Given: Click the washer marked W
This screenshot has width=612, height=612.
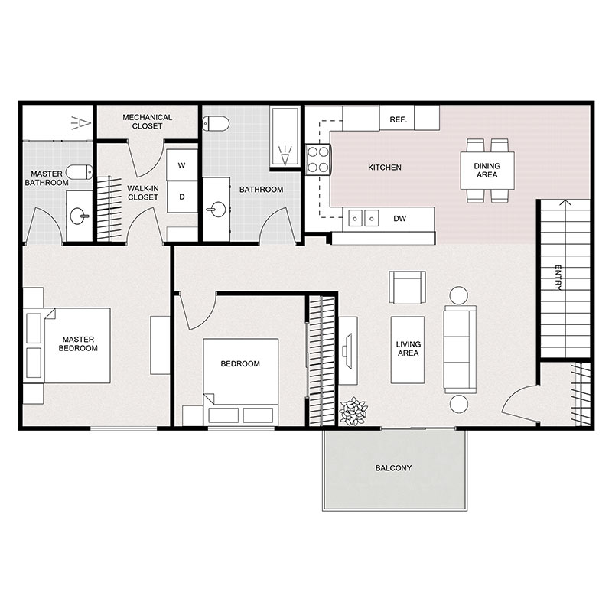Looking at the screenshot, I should coord(182,164).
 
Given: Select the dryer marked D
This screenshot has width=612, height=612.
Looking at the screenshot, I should coord(182,197).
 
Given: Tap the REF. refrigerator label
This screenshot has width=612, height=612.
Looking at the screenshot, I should coord(398,120).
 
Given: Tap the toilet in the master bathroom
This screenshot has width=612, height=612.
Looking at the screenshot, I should coord(79,171).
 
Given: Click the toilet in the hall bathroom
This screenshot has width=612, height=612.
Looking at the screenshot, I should coord(217,123).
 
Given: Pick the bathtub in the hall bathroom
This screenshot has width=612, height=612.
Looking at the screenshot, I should coord(285,138).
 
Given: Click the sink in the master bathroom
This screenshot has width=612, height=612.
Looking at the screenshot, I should coord(78,216).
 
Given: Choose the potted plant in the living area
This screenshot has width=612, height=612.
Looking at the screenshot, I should coord(353,411).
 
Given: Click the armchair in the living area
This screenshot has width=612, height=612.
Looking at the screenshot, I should coord(407,288).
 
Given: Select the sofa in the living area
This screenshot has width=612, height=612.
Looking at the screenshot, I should coord(460,348).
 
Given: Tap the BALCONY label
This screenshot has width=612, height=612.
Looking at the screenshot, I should coord(393,468).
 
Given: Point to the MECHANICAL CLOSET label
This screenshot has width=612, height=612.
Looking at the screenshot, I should coord(148,122).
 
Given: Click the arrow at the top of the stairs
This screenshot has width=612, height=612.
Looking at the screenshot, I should coord(565,204).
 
